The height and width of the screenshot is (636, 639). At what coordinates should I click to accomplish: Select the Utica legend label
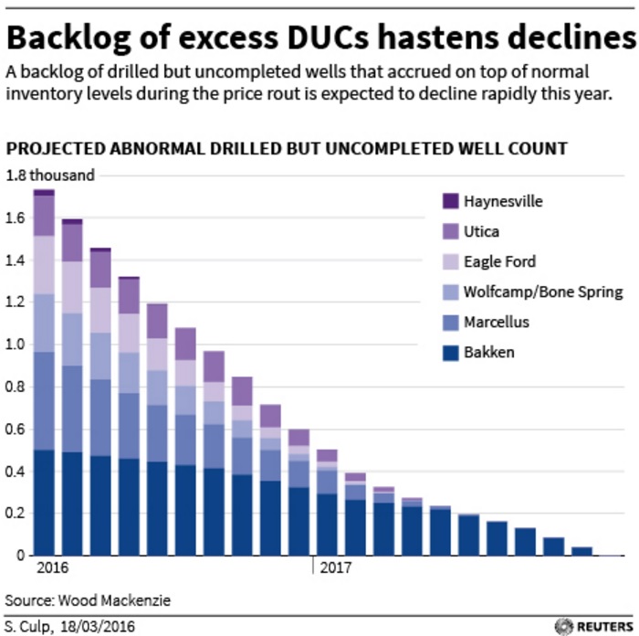pyautogui.click(x=482, y=231)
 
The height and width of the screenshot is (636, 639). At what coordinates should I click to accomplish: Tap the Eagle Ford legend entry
pyautogui.click(x=499, y=261)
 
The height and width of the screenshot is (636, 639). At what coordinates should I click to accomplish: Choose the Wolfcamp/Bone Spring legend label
pyautogui.click(x=543, y=291)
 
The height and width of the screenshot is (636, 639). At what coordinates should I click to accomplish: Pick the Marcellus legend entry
pyautogui.click(x=496, y=322)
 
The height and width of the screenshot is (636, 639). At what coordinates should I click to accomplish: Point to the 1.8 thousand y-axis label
pyautogui.click(x=50, y=175)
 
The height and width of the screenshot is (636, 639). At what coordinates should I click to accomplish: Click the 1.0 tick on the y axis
pyautogui.click(x=16, y=344)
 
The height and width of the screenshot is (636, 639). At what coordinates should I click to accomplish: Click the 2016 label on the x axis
pyautogui.click(x=52, y=568)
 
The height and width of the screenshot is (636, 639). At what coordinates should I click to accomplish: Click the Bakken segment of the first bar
pyautogui.click(x=44, y=503)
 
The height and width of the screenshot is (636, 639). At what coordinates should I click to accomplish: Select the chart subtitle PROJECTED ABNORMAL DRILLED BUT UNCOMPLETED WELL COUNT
pyautogui.click(x=287, y=148)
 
